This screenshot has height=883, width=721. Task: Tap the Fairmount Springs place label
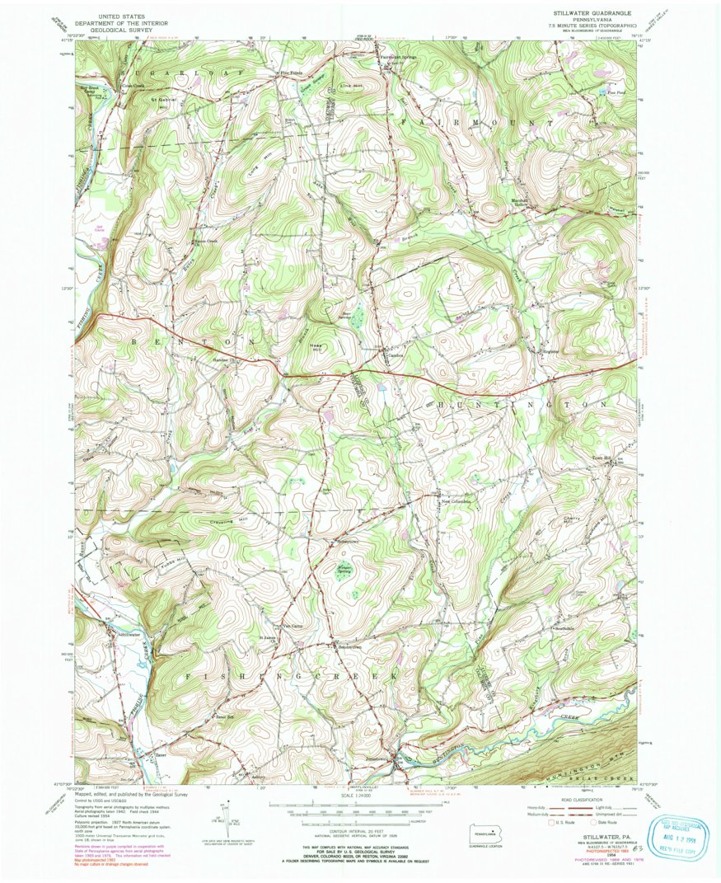point(399,57)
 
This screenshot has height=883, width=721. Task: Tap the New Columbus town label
point(456,501)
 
